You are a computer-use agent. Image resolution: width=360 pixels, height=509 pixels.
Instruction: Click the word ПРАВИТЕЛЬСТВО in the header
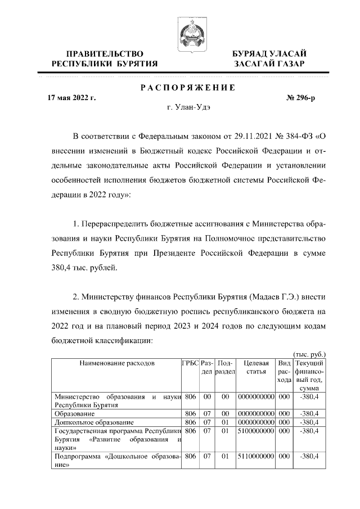pos(103,53)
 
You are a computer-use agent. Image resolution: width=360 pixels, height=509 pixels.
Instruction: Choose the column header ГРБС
pos(190,364)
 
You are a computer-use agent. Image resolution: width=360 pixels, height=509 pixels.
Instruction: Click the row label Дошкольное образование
pos(94,422)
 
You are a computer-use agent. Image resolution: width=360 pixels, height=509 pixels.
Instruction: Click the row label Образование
pos(75,413)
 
